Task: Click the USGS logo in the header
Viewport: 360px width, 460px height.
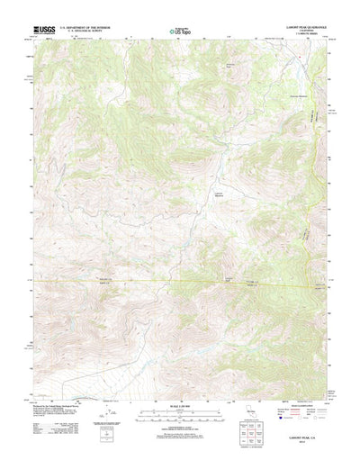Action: [43, 30]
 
